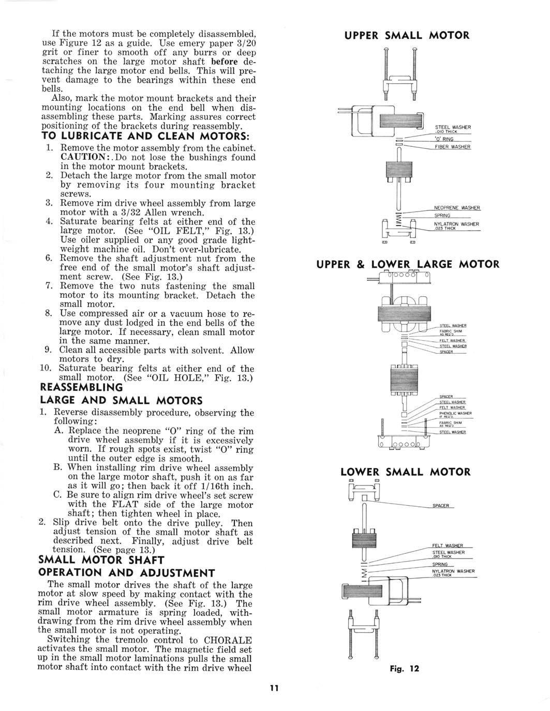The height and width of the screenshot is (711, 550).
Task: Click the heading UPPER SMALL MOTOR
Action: [407, 35]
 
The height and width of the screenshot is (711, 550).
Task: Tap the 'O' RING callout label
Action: [444, 139]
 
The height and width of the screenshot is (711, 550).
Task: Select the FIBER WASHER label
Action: [453, 147]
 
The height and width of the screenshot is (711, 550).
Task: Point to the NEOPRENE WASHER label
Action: [457, 208]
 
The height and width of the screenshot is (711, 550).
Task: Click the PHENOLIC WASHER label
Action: [455, 413]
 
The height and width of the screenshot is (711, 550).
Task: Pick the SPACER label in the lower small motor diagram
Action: [441, 505]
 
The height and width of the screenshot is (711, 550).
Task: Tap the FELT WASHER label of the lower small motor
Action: [447, 546]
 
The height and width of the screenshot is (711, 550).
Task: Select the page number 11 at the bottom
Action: [274, 688]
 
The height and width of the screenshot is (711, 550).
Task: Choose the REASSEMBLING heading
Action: [81, 387]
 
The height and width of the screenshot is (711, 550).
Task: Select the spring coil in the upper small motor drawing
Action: [398, 221]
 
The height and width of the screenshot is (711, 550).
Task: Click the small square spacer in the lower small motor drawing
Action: [365, 498]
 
